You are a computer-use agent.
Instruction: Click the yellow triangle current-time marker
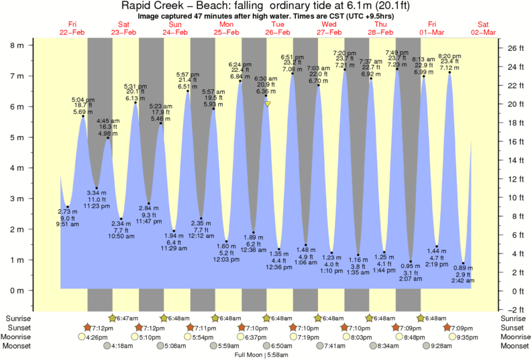coord(268,104)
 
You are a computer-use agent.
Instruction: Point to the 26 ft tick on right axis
coord(514,48)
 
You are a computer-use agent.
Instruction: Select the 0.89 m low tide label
coord(463,269)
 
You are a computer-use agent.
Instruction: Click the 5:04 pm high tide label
coord(83,100)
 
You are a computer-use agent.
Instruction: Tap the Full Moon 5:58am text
coord(266,354)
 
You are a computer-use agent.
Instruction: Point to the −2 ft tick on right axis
coord(513,309)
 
